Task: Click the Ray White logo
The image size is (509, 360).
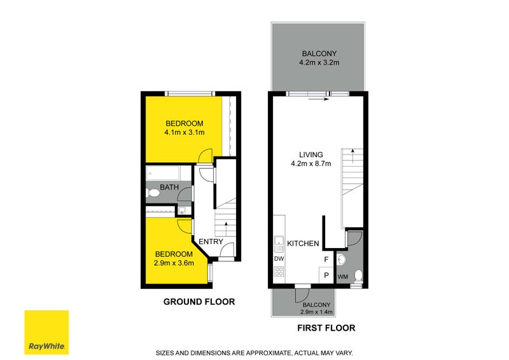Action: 46,333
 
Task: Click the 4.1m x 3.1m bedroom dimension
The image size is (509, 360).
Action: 184,133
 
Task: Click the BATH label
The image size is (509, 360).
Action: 169,187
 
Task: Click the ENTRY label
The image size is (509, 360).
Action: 211,242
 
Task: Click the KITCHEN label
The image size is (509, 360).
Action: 302,244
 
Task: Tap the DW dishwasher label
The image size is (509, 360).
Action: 278,259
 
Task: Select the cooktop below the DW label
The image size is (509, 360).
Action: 278,272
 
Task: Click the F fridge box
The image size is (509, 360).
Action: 326,260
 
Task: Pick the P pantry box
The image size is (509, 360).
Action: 326,275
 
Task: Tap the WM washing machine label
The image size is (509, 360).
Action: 342,277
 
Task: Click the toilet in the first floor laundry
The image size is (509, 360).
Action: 358,275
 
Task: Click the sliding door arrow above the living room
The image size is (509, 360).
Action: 317,99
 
